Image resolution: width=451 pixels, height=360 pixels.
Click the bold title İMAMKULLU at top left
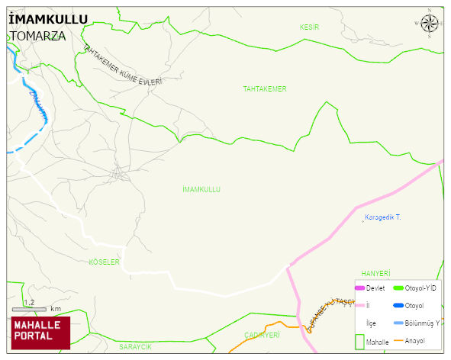[x=47, y=19]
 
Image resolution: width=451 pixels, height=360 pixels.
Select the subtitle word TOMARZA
[x=37, y=35]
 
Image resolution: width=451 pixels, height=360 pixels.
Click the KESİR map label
[x=309, y=27]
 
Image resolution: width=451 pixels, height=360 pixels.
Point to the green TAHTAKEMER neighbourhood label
[x=265, y=89]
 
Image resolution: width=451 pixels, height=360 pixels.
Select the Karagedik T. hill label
[x=382, y=218]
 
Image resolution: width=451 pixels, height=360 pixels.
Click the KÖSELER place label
[x=105, y=262]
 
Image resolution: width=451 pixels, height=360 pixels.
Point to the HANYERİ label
[x=375, y=273]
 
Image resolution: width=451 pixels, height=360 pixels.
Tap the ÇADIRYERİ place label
[x=262, y=335]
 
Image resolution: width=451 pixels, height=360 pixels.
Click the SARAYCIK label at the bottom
[x=135, y=347]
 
